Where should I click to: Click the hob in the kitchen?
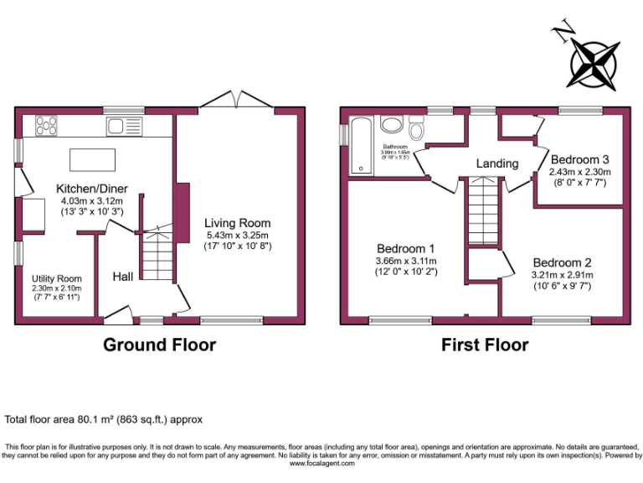click(x=47, y=126)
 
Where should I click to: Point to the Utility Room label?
click(x=57, y=278)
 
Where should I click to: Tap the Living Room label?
click(x=238, y=223)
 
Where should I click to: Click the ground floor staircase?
click(x=157, y=256)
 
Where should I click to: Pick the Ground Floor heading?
click(x=159, y=345)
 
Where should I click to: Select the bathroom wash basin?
click(x=391, y=125)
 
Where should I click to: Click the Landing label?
click(x=497, y=164)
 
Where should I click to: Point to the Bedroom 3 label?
click(x=579, y=159)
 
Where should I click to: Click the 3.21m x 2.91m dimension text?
click(x=562, y=274)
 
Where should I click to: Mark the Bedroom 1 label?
click(x=405, y=248)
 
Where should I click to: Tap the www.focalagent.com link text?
click(x=321, y=463)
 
